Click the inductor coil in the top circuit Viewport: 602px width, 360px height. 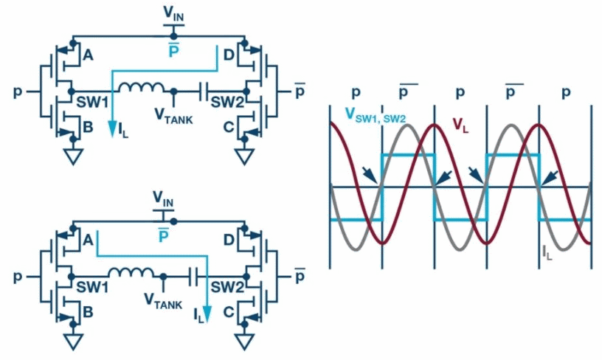pos(142,88)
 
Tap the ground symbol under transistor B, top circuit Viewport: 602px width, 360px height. pos(72,157)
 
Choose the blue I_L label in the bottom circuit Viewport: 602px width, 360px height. pos(199,315)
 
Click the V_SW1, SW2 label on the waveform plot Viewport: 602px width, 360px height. pos(375,114)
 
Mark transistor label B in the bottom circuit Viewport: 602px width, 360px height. pos(88,313)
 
